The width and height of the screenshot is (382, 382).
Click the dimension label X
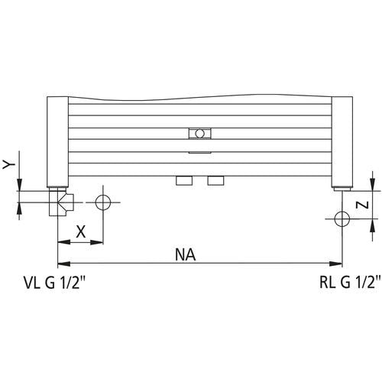81,232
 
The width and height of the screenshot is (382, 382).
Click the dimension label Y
9,165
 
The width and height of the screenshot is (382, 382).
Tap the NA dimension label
186,255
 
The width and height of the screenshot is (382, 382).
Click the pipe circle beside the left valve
103,202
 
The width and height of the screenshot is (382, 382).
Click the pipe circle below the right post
342,219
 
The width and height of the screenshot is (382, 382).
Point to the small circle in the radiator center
200,134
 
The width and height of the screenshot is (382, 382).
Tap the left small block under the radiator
184,180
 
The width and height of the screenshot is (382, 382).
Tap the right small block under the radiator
216,180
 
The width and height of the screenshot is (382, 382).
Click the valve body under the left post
61,203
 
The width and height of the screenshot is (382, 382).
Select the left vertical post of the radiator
58,142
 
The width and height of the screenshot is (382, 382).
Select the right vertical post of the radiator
342,142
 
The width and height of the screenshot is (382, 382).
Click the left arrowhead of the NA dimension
64,264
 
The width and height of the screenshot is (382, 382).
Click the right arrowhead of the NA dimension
335,264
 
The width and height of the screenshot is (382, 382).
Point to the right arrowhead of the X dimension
97,242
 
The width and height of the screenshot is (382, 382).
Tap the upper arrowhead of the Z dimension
373,184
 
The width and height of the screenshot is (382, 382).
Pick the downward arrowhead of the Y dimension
19,184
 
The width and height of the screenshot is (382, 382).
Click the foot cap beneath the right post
342,189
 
